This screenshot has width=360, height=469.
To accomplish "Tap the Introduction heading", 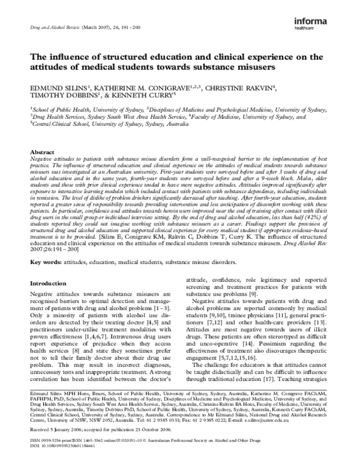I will pos(49,282).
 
